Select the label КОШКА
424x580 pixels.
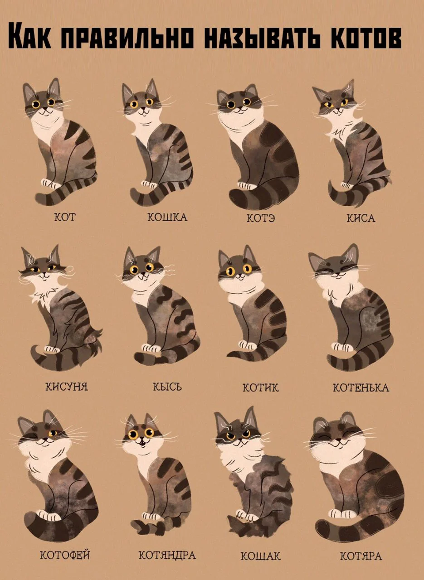pyautogui.click(x=167, y=217)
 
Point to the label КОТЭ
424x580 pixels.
pyautogui.click(x=261, y=218)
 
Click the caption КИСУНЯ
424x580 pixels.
pyautogui.click(x=66, y=387)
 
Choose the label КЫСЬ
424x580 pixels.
pyautogui.click(x=167, y=387)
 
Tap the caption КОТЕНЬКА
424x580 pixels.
pyautogui.click(x=361, y=388)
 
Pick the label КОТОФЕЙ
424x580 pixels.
pyautogui.click(x=65, y=555)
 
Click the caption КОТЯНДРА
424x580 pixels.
pyautogui.click(x=167, y=555)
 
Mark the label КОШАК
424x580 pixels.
pyautogui.click(x=261, y=556)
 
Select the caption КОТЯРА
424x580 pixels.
pyautogui.click(x=361, y=556)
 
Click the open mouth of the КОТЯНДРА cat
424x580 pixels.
pyautogui.click(x=141, y=440)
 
